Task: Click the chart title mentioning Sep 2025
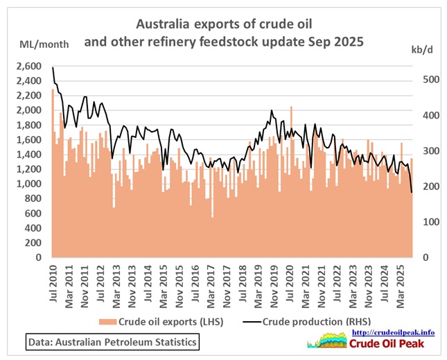point(223,33)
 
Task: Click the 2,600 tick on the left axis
point(31,67)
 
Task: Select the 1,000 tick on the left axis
point(31,184)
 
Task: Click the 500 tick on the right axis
point(425,80)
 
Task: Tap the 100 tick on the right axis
point(425,221)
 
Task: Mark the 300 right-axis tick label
point(425,151)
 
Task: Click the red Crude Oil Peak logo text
point(394,344)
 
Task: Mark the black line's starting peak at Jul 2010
point(53,67)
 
